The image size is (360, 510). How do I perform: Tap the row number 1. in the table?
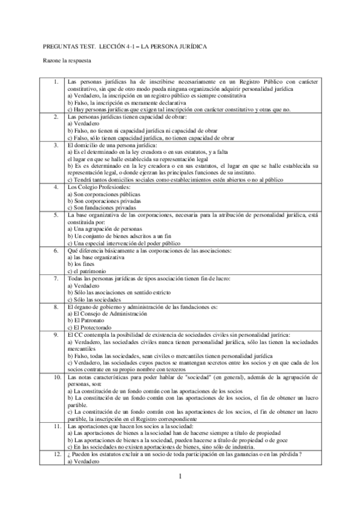55,81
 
